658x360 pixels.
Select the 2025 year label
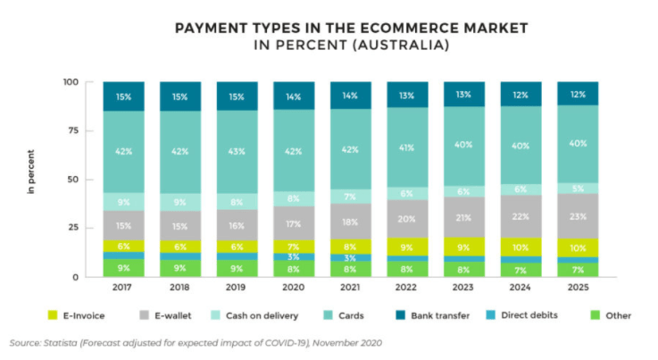579,289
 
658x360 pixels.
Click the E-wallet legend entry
166,315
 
